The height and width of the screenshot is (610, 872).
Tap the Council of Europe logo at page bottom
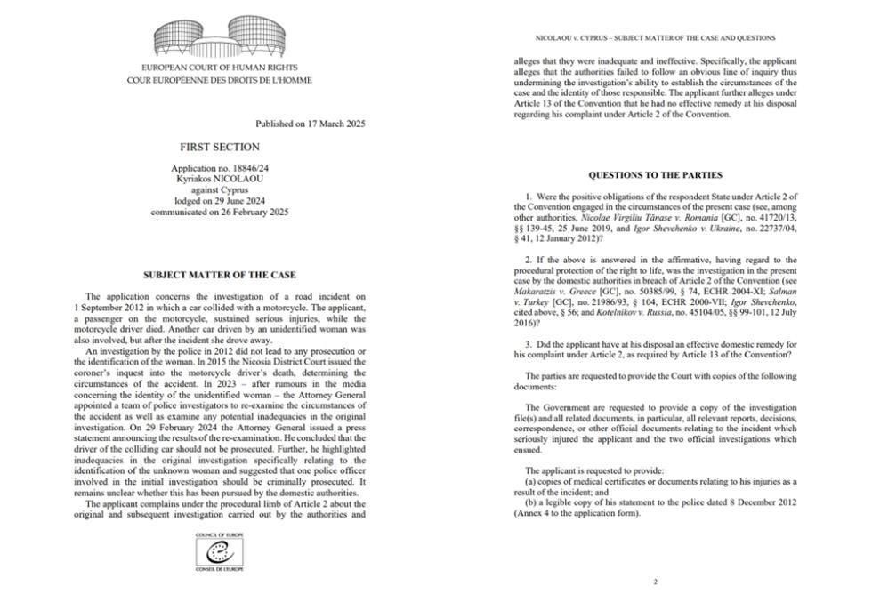pyautogui.click(x=219, y=551)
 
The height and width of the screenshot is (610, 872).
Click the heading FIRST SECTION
pyautogui.click(x=220, y=147)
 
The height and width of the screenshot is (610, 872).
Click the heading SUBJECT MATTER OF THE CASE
pyautogui.click(x=220, y=275)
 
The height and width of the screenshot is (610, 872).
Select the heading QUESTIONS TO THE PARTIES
pyautogui.click(x=655, y=175)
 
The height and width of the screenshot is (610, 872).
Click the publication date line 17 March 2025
pyautogui.click(x=310, y=124)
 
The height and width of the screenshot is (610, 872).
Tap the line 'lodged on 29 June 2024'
pyautogui.click(x=220, y=201)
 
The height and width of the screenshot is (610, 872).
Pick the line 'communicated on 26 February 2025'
pyautogui.click(x=220, y=212)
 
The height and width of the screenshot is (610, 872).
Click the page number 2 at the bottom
pyautogui.click(x=655, y=582)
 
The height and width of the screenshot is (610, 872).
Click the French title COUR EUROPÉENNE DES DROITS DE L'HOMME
pyautogui.click(x=219, y=80)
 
